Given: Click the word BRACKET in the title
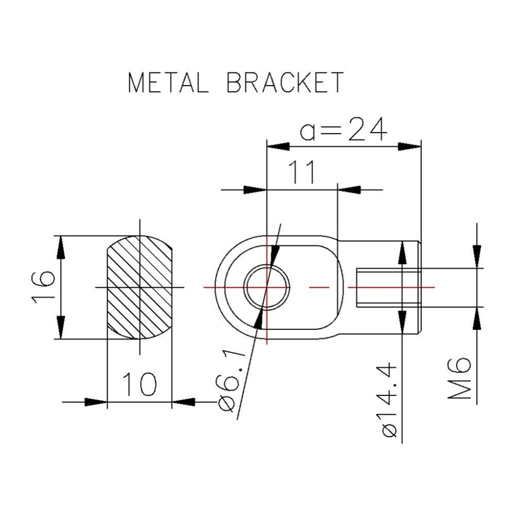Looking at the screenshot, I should tap(285, 83).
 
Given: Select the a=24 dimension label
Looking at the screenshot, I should tap(343, 130).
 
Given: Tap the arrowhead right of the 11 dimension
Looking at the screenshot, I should tap(345, 189).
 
